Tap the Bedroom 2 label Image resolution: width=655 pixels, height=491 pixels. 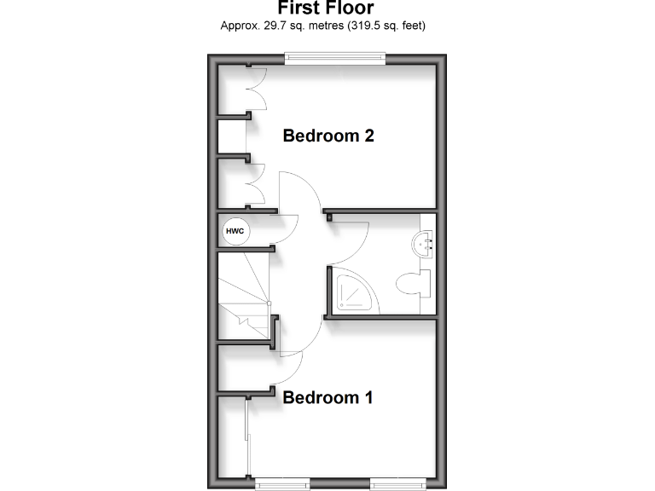click(x=329, y=136)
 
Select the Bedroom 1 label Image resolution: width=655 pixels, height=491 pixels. click(x=328, y=397)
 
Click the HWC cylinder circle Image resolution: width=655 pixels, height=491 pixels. click(x=234, y=230)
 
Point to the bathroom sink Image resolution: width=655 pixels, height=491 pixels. click(x=424, y=245)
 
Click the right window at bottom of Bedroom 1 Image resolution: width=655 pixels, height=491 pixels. click(x=397, y=484)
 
